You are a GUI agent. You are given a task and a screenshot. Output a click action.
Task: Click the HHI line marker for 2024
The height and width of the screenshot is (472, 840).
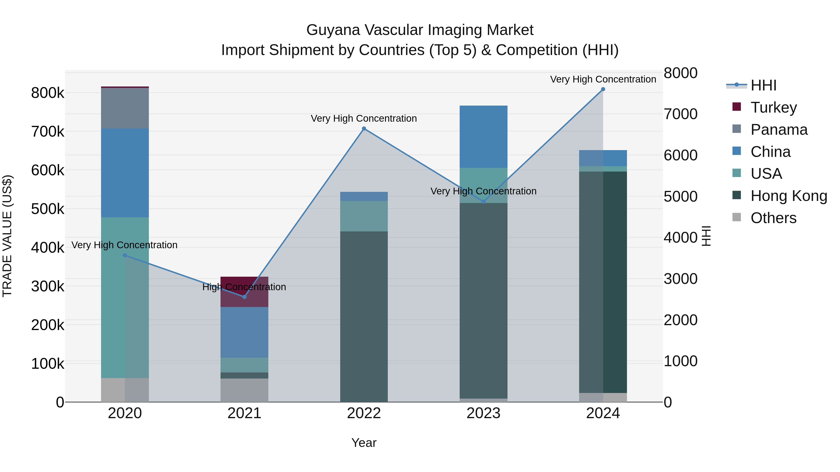pos(603,89)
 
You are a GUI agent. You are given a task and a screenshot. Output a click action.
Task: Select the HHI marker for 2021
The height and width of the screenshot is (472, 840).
pos(244,297)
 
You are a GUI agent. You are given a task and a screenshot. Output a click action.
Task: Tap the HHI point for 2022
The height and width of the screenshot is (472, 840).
pos(364,129)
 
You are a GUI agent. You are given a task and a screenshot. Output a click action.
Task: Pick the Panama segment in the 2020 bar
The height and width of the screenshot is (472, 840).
pos(125,108)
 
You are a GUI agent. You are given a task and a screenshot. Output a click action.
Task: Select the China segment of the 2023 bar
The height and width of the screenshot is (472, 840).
pos(483,137)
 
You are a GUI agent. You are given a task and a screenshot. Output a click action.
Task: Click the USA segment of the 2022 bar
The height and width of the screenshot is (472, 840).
pos(364,216)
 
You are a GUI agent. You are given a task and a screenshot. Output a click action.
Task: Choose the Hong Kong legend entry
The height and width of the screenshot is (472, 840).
pos(788,196)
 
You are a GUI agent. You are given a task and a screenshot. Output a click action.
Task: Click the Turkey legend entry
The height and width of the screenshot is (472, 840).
pos(773,107)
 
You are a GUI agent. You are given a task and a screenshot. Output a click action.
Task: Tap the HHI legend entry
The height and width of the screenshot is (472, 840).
pos(763,85)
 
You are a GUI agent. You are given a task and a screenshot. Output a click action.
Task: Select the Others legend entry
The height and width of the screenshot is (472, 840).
pos(773,218)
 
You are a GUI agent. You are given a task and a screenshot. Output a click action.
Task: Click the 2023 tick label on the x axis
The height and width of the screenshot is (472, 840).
pos(483,413)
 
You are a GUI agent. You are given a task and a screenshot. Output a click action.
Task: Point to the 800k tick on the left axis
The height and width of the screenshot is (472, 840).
pos(48,93)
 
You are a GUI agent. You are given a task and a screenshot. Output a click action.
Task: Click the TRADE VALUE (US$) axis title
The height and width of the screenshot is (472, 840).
pos(7,236)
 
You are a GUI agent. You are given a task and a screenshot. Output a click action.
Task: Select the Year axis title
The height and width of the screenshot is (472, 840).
pos(364,443)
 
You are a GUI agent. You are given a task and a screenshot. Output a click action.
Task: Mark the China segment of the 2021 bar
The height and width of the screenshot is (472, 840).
pos(244,332)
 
